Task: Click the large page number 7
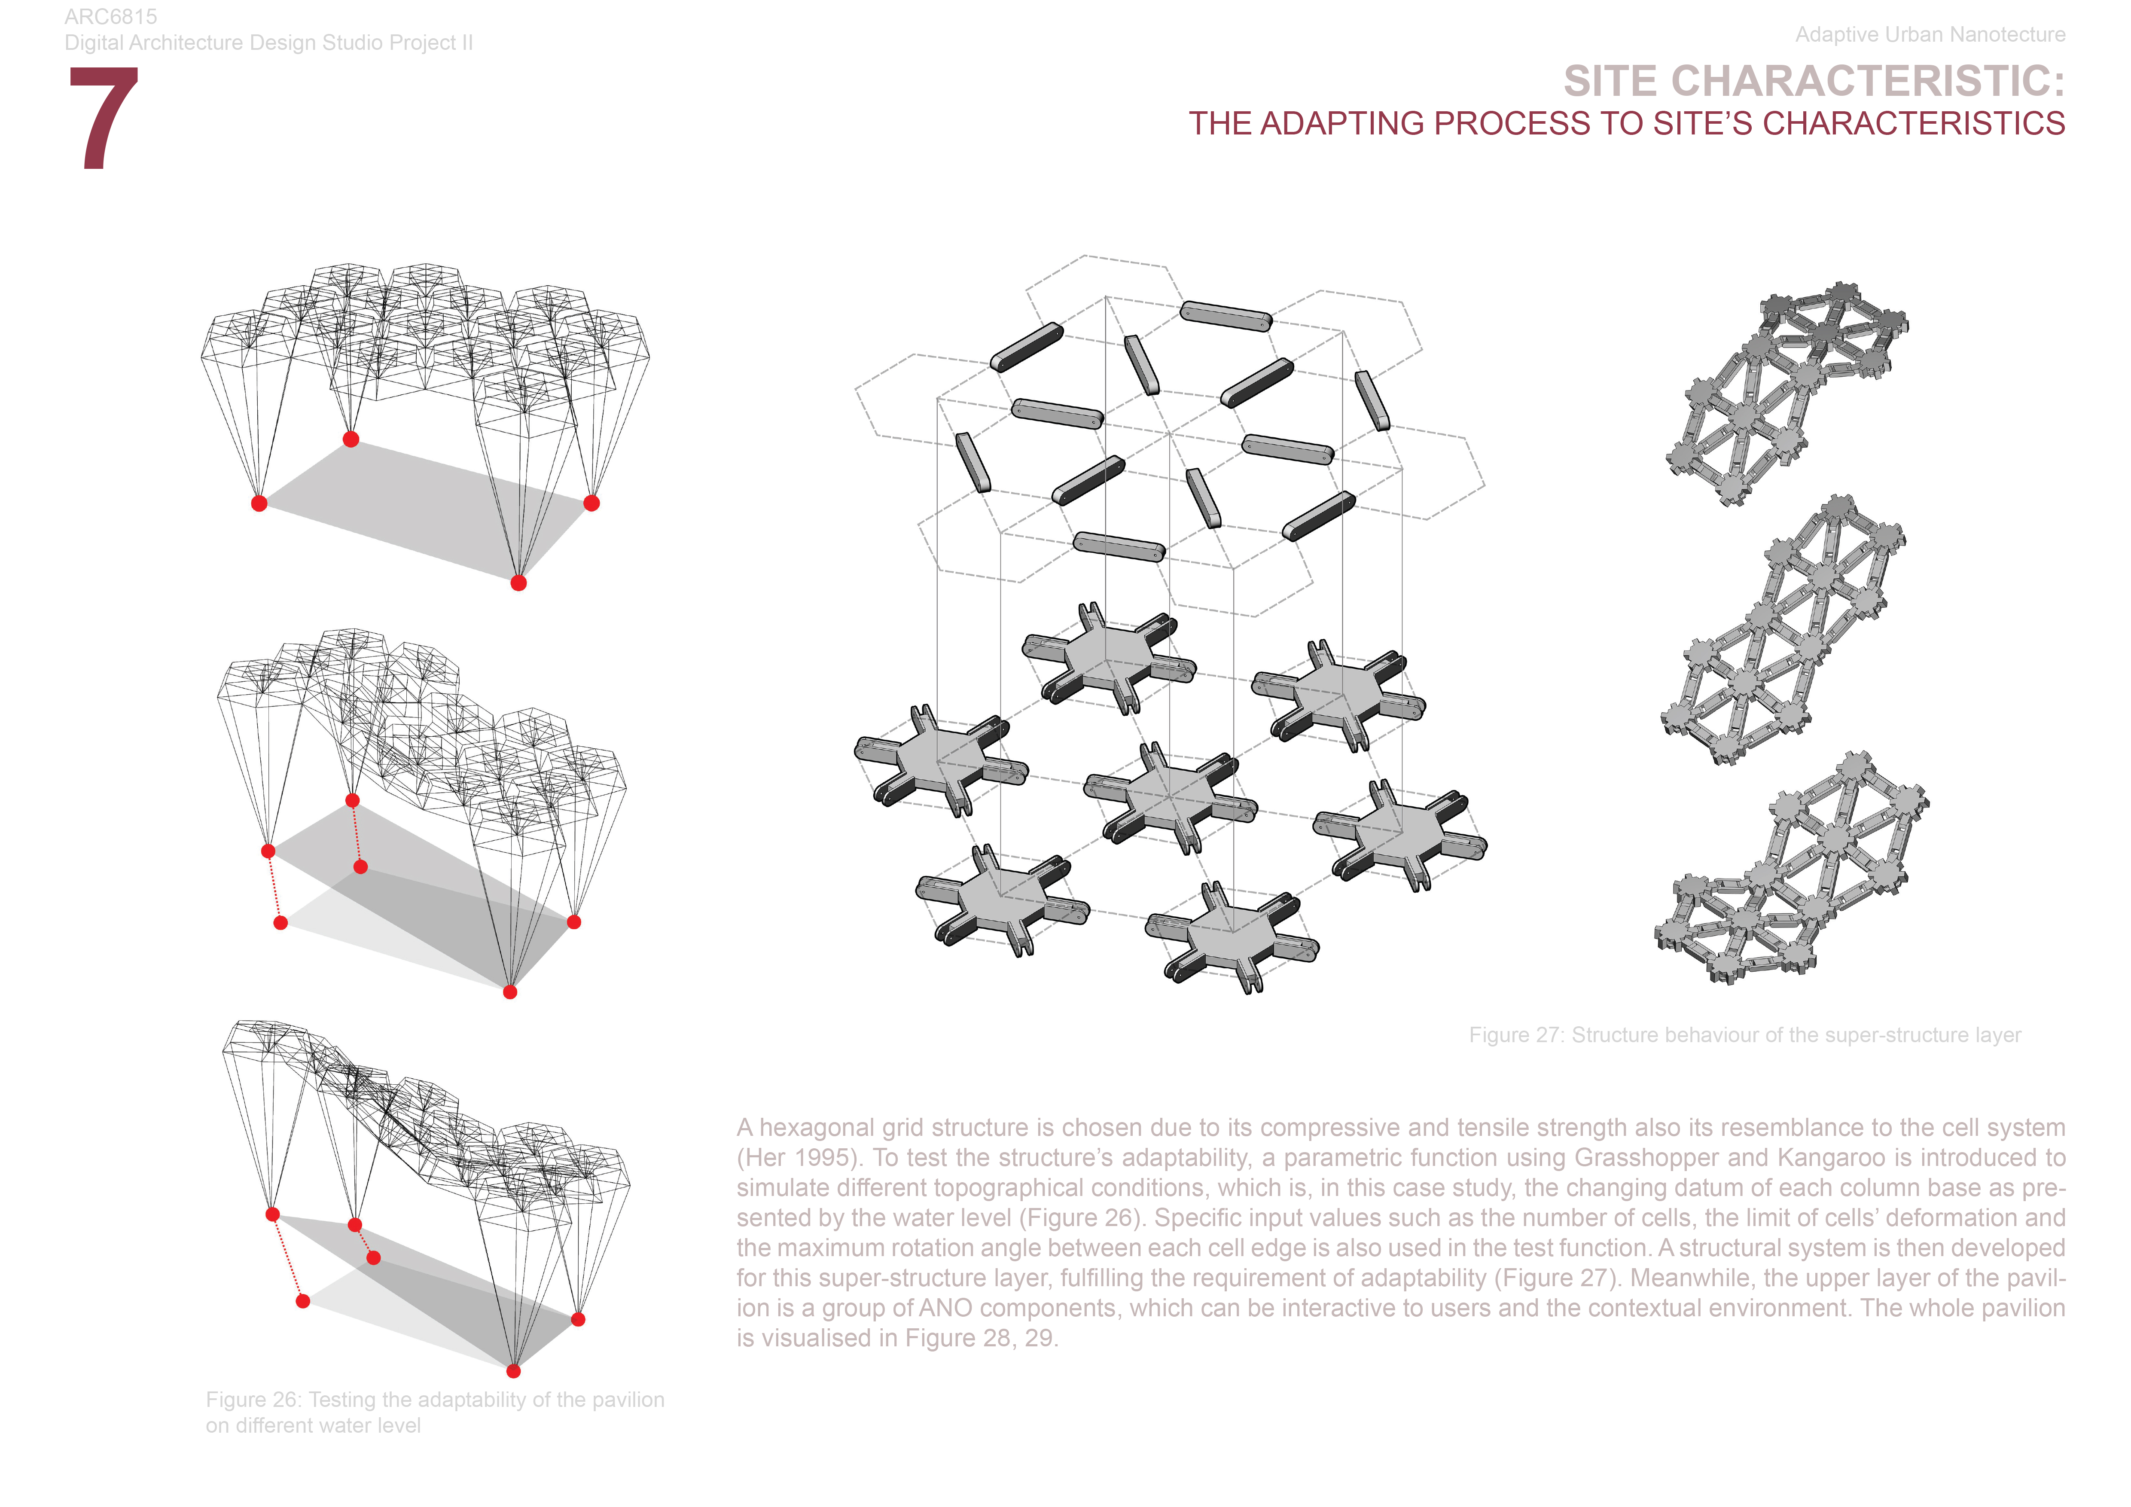pyautogui.click(x=104, y=118)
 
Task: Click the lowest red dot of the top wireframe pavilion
pyautogui.click(x=519, y=583)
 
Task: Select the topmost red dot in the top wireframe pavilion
pyautogui.click(x=351, y=439)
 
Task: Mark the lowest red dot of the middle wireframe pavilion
pyautogui.click(x=509, y=992)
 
